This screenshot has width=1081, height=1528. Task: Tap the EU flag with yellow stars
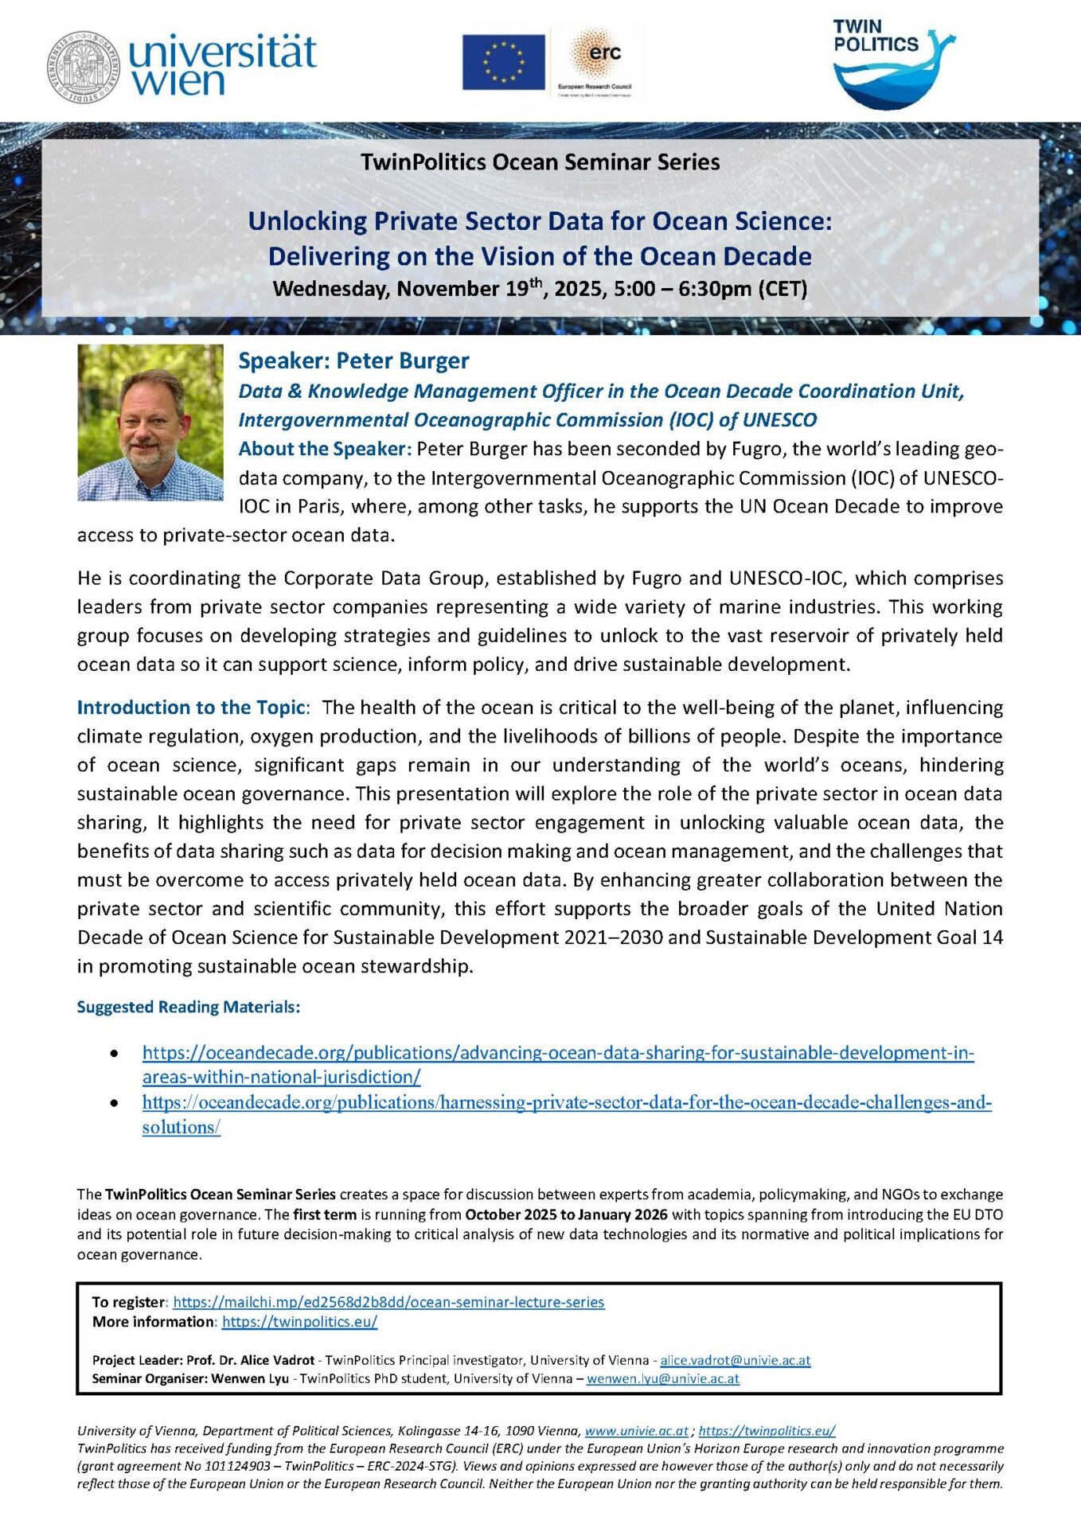coord(503,61)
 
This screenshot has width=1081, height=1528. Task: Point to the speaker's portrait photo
coord(150,422)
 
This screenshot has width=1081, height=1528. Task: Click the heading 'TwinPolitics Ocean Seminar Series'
coord(540,162)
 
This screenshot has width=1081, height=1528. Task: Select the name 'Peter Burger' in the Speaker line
coord(402,361)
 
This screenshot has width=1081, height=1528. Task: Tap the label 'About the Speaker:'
coord(325,449)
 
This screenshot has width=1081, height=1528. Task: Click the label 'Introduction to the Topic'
coord(191,707)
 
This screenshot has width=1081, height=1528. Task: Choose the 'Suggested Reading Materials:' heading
coord(189,1007)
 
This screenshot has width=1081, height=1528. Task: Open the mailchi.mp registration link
coord(388,1302)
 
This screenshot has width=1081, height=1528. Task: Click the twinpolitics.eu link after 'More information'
coord(299,1321)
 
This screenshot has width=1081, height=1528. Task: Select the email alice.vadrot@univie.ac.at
coord(735,1360)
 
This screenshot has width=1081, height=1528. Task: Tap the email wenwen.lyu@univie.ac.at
coord(662,1378)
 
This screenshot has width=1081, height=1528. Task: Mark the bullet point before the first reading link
coord(115,1054)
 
